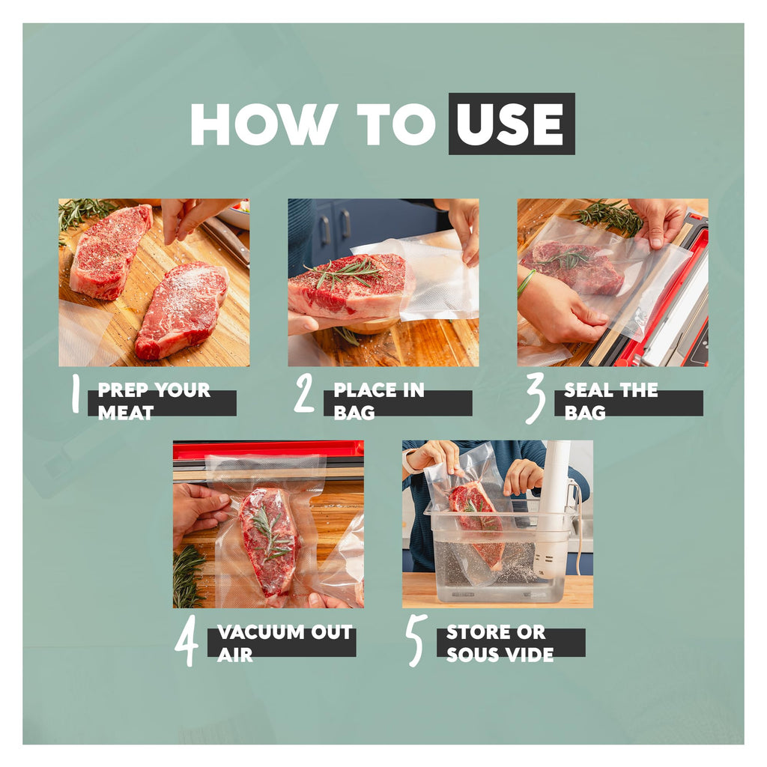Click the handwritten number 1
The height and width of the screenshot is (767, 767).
76,392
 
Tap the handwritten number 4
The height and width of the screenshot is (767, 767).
187,640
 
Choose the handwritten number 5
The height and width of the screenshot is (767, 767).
416,640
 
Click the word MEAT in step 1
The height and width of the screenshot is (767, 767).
126,413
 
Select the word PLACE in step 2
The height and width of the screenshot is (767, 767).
362,390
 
